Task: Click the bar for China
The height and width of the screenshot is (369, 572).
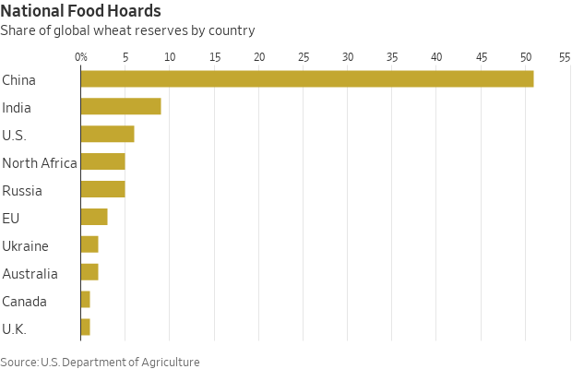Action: (307, 79)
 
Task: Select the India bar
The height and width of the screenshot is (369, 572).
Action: (121, 107)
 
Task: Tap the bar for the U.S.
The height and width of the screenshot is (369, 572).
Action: (107, 135)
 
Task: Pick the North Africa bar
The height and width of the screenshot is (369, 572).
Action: (102, 162)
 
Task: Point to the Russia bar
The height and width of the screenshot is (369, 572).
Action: (102, 190)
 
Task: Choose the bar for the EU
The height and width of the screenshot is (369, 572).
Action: (94, 218)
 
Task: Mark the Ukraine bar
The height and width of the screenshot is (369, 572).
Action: (89, 245)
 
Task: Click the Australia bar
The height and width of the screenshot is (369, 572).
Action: (89, 273)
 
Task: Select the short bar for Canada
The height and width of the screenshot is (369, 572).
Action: (85, 301)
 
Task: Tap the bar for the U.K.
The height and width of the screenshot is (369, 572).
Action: (85, 328)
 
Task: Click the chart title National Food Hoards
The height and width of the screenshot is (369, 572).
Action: (81, 12)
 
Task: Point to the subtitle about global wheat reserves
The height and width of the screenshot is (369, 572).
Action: (127, 30)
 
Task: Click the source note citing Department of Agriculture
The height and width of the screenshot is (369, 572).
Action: (100, 362)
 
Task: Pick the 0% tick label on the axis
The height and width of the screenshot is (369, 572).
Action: (81, 57)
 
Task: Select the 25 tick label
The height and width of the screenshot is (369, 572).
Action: (304, 57)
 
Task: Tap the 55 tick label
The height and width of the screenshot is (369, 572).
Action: (565, 57)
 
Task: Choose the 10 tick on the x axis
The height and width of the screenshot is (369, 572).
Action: (170, 57)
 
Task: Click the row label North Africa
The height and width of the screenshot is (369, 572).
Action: (40, 163)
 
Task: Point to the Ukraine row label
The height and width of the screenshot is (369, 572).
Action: (25, 246)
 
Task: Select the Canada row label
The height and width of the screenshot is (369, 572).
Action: (24, 302)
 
